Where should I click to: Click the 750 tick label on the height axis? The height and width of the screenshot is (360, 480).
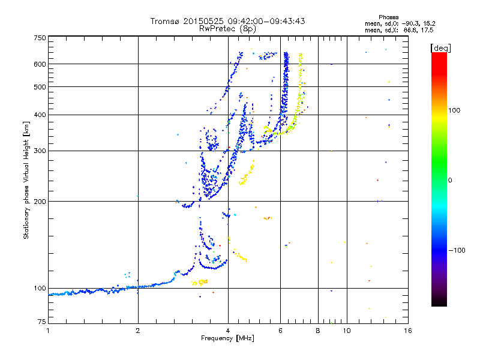tap(40, 38)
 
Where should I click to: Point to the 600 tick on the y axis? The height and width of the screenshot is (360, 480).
tap(40, 64)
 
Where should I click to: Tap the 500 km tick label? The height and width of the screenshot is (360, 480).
tap(40, 87)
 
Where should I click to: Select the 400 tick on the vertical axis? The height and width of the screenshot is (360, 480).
tap(40, 115)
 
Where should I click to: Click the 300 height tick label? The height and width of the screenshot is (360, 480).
tap(40, 151)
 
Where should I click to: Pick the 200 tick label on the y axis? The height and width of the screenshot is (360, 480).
tap(40, 202)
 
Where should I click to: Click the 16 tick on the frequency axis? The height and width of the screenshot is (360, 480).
tap(407, 331)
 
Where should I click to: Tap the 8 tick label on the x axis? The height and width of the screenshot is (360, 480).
tap(318, 331)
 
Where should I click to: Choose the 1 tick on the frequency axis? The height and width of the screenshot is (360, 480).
tap(48, 331)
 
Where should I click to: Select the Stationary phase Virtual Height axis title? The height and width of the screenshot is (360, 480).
tap(26, 180)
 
